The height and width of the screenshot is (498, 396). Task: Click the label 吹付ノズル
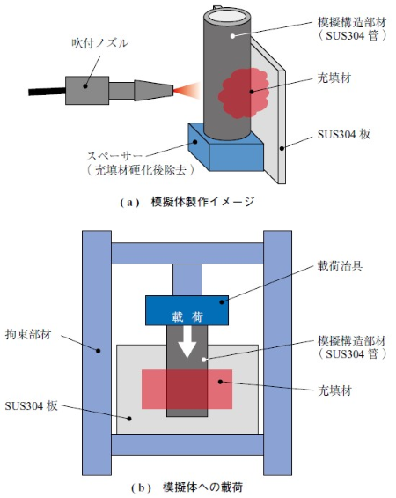point(99,43)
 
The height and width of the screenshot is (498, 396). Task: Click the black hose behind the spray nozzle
point(47,92)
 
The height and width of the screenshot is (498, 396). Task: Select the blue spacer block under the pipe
point(226,149)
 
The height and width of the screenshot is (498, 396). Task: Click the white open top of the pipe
point(226,15)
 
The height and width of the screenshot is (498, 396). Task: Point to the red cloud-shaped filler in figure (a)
point(244,93)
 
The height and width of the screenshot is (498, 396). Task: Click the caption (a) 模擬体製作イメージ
point(187,202)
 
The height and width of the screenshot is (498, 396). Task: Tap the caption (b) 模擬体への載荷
point(187,487)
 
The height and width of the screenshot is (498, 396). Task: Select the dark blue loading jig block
point(187,310)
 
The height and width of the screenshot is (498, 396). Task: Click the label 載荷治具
point(340,266)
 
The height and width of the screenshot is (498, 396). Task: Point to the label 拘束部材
point(28,334)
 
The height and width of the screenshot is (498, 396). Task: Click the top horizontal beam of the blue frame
point(187,253)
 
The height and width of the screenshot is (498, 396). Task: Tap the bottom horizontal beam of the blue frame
point(187,444)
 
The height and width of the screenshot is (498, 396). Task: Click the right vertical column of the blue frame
point(277,353)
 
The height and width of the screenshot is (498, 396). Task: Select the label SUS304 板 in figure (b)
point(31,406)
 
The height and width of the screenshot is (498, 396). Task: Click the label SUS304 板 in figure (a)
point(344,135)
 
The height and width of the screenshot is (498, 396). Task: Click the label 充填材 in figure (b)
point(334,390)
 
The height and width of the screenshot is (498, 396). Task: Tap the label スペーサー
point(114,156)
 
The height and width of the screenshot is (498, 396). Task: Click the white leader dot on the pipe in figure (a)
point(232,36)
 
